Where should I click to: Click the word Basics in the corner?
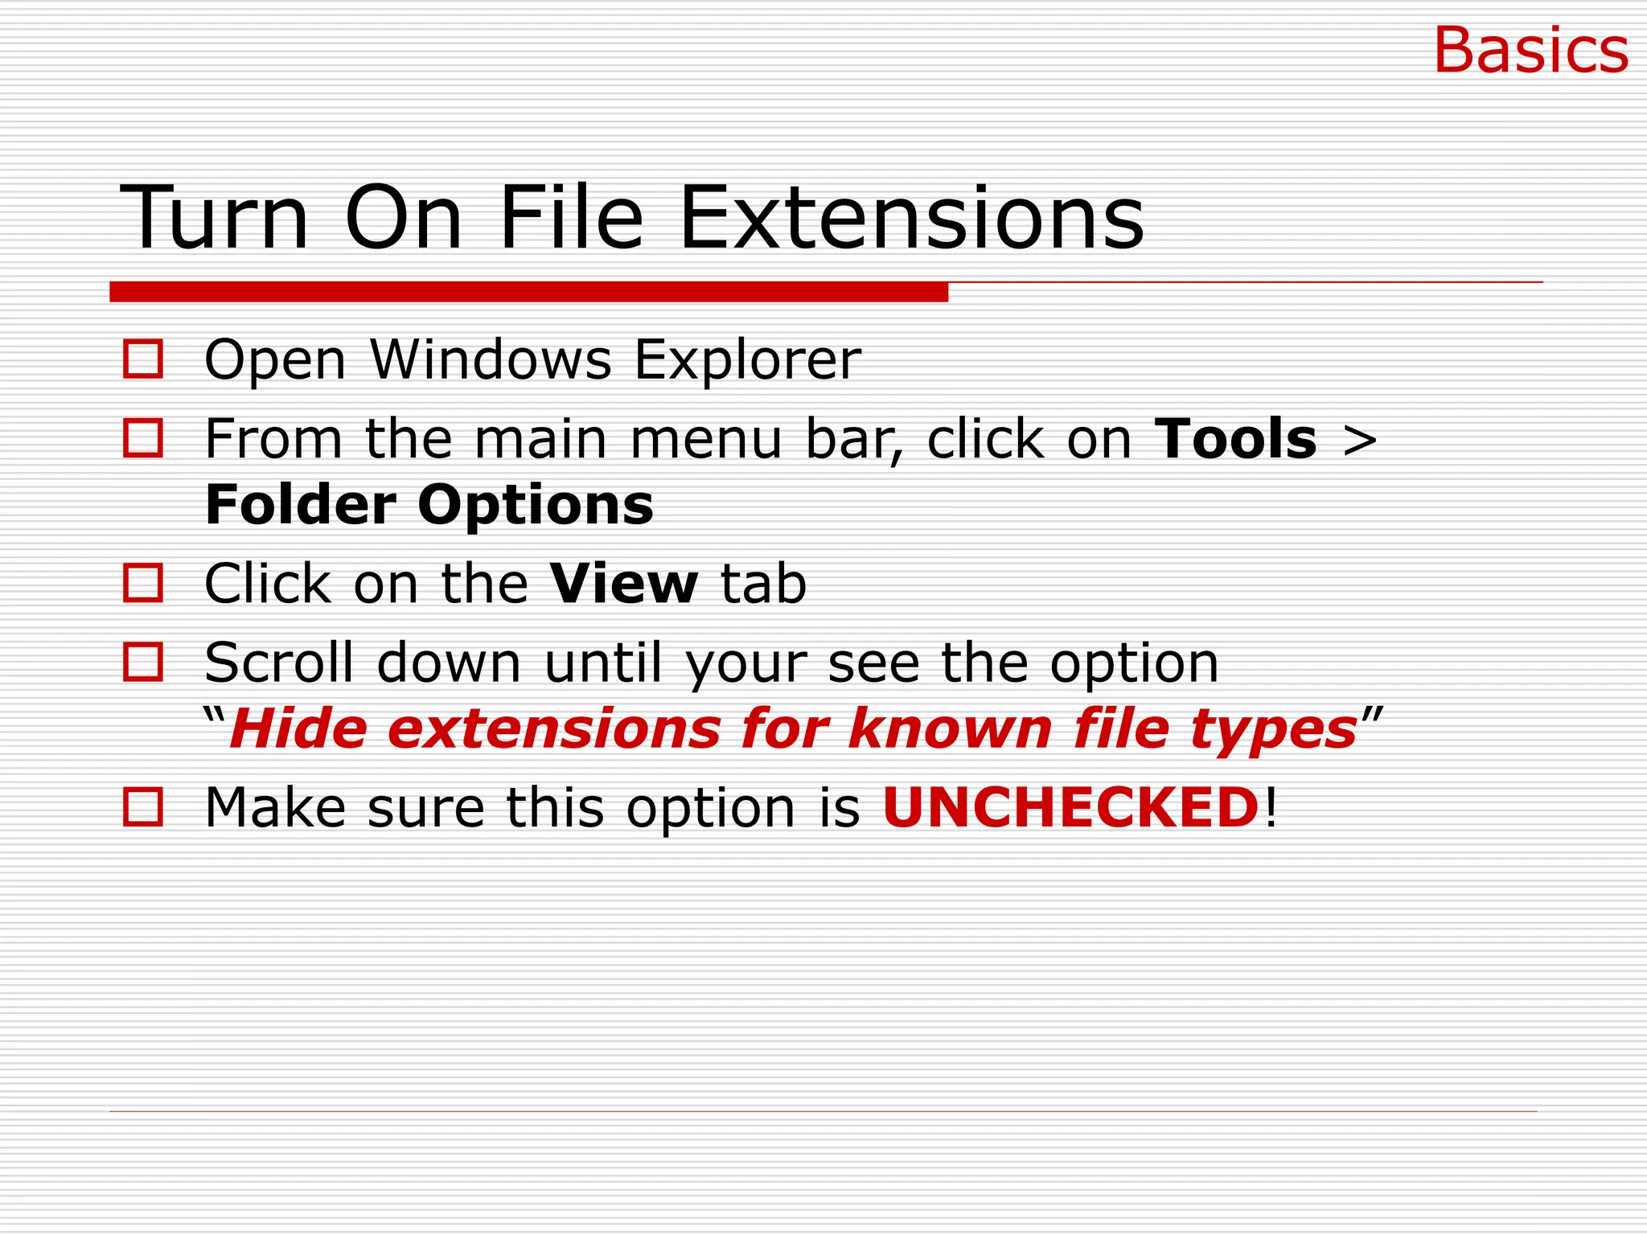tap(1530, 51)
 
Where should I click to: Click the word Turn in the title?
tap(215, 218)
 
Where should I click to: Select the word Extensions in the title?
tap(911, 218)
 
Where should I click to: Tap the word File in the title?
tap(571, 218)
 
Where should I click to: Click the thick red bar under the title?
tap(528, 292)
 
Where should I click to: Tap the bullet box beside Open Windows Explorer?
tap(143, 359)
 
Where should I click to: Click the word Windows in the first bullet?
tap(491, 359)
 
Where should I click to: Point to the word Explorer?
tap(747, 361)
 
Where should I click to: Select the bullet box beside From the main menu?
tap(143, 438)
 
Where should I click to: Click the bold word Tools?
tap(1236, 439)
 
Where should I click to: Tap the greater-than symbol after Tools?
tap(1360, 441)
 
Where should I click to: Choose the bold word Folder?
tap(301, 505)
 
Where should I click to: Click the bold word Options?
tap(535, 507)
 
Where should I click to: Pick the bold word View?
tap(624, 584)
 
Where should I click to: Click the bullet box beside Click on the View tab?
tap(143, 583)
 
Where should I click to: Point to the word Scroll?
tap(279, 663)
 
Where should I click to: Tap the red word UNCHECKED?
tap(1070, 807)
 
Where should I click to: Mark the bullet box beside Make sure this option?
tap(143, 806)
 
